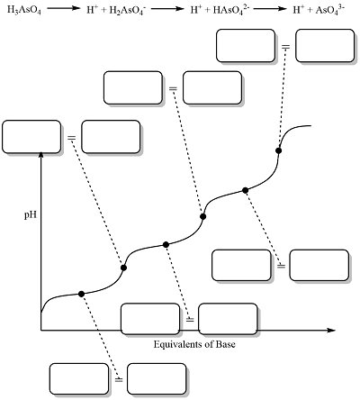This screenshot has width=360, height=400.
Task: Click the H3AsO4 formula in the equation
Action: coord(24,10)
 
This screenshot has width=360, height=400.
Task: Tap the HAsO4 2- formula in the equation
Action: coord(230,10)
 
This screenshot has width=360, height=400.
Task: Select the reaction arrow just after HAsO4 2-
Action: coord(270,9)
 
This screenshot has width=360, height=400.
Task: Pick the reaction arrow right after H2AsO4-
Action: coord(167,9)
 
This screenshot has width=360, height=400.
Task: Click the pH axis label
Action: coord(31,215)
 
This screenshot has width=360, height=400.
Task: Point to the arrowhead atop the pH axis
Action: coord(41,155)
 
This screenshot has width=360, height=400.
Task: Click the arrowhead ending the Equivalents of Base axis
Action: coord(331,331)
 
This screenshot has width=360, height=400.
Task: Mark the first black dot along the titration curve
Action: coord(81,294)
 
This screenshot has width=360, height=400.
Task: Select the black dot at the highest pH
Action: coord(279,150)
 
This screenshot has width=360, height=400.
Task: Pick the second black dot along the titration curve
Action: coord(123,268)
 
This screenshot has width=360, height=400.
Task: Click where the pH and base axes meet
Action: coord(41,331)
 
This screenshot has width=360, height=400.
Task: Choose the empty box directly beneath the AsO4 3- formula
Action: coord(325,46)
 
